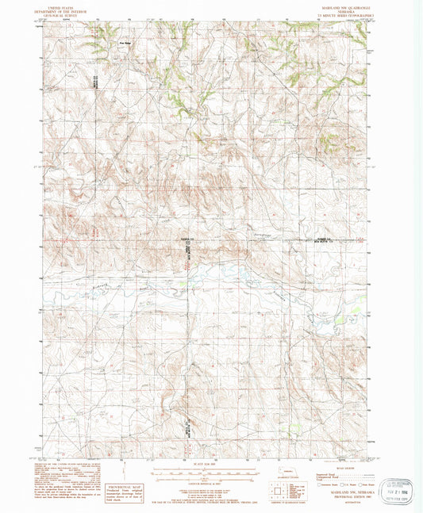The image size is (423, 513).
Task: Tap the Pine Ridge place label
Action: pos(124,44)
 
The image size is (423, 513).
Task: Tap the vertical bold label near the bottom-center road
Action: pos(187,428)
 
